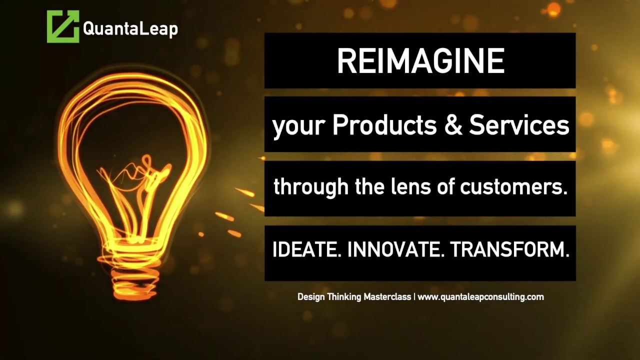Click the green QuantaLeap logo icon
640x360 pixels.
(x=63, y=26)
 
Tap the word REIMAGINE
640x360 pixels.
(x=420, y=61)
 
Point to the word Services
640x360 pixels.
(x=519, y=125)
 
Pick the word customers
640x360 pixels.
(x=513, y=187)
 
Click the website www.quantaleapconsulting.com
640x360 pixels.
(x=480, y=297)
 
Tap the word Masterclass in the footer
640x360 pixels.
(x=387, y=297)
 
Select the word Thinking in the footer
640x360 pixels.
(x=344, y=297)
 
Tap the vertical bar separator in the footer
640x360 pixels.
(x=414, y=297)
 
